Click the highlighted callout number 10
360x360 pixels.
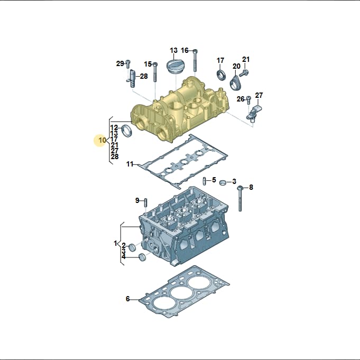tap(102, 140)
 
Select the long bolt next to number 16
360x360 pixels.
tap(195, 60)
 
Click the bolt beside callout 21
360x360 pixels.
tap(244, 73)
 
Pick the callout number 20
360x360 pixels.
tap(236, 66)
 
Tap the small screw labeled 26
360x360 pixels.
tap(248, 100)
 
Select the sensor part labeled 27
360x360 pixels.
tap(254, 113)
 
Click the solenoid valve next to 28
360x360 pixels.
tap(133, 78)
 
